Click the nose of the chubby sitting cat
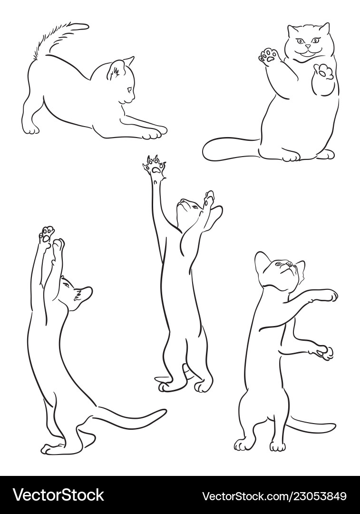[308, 47]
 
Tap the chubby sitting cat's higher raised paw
[268, 56]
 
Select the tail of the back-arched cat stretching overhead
[128, 418]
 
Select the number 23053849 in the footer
[318, 496]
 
